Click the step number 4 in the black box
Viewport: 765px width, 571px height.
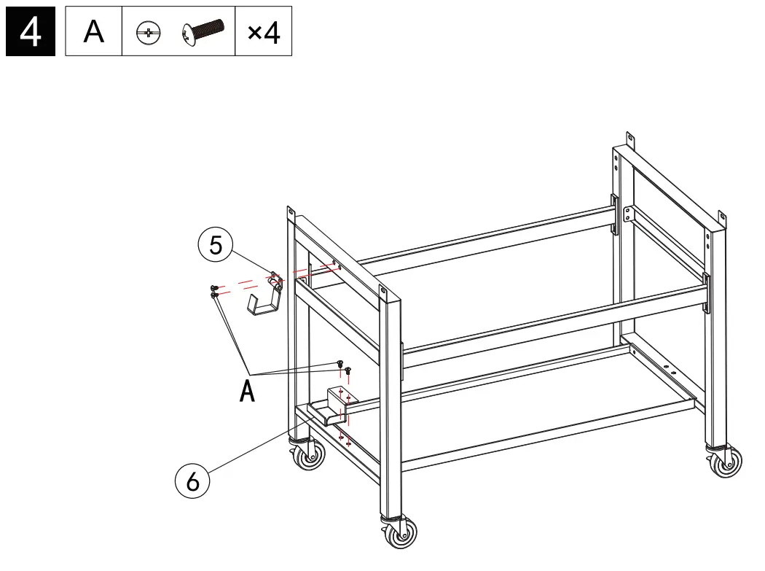[31, 32]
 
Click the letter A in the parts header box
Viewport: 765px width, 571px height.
[93, 32]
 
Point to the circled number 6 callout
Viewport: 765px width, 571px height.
[193, 481]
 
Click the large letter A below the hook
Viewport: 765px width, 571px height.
[248, 392]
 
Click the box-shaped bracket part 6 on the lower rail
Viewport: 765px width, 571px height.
[337, 405]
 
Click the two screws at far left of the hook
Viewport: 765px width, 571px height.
[213, 291]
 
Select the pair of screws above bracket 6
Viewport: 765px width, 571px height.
[343, 366]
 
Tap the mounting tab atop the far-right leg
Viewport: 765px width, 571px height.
[722, 218]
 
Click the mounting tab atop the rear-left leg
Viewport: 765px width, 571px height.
[291, 214]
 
